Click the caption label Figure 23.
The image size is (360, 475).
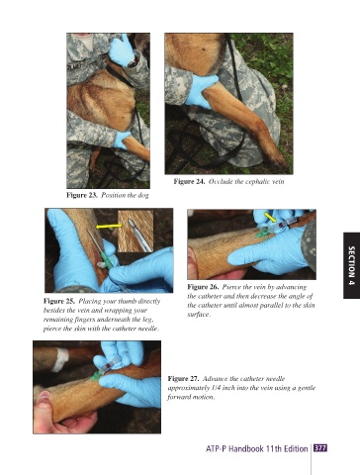pos(82,195)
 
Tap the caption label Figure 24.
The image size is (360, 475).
pos(189,181)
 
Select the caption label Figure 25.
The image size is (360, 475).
pos(59,301)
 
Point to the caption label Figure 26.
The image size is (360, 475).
pos(203,287)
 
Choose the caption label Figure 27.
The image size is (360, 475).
pos(183,379)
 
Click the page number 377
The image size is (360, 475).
pos(320,448)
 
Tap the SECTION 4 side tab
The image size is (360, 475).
pos(351,265)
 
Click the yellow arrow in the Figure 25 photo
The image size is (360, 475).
pos(109,227)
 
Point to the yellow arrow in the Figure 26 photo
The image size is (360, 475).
pos(270,217)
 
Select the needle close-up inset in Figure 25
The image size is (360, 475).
pos(135,232)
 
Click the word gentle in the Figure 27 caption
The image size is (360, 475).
pos(307,388)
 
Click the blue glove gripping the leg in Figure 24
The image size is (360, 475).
pos(200,90)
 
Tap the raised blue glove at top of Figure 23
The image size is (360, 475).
pos(121,50)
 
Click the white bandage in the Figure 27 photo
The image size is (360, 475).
pos(60,359)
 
